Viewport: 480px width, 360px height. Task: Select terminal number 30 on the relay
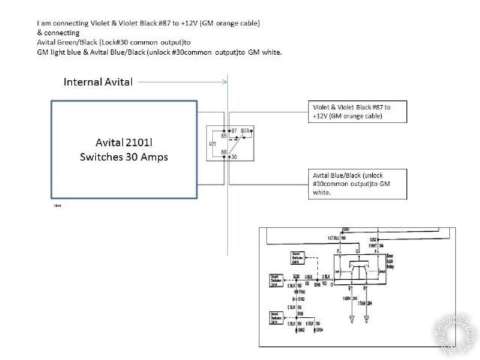click(x=234, y=156)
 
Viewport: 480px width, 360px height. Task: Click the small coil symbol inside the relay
click(x=216, y=144)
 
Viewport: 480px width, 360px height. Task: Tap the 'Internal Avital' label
click(x=98, y=82)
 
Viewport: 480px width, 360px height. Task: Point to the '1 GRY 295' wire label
click(x=351, y=298)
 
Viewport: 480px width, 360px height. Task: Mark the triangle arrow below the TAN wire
click(x=367, y=319)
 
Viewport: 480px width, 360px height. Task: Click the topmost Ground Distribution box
click(x=298, y=259)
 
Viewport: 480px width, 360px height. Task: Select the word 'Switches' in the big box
click(x=102, y=157)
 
